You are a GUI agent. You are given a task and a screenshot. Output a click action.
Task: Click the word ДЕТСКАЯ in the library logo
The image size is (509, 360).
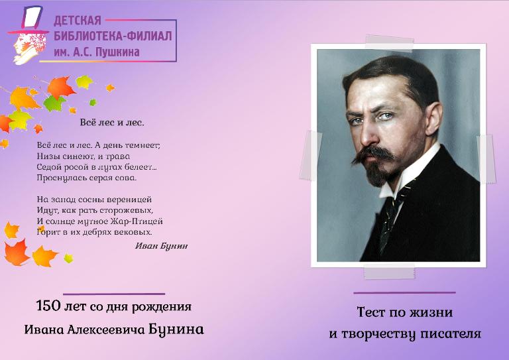[78, 21]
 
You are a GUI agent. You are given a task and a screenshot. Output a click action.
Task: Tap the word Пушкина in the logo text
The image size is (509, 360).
[119, 52]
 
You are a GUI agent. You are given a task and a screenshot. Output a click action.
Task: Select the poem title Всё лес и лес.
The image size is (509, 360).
[112, 123]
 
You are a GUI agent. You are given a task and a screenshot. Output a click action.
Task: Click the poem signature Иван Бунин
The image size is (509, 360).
[161, 246]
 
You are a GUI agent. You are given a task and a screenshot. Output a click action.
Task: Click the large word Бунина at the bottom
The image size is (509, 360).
[176, 330]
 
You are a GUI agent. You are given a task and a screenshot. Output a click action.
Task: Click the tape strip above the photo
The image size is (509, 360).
[390, 44]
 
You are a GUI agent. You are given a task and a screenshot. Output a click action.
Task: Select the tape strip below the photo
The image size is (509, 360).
[389, 272]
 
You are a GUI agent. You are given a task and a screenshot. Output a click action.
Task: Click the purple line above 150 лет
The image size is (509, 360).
[114, 294]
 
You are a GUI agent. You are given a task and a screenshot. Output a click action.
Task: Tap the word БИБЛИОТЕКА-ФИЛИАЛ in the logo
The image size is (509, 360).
[113, 36]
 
